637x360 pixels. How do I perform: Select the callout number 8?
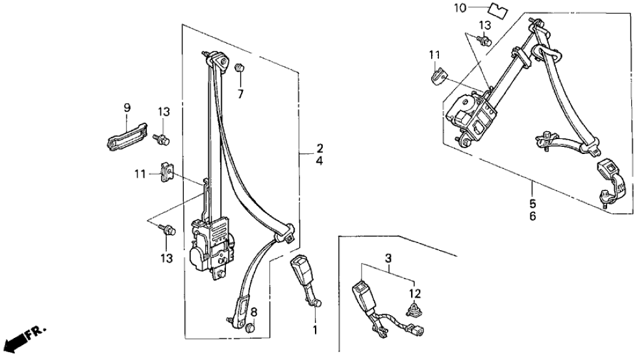click(x=254, y=311)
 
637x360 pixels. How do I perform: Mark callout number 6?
click(x=532, y=216)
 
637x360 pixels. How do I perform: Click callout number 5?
click(x=532, y=203)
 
